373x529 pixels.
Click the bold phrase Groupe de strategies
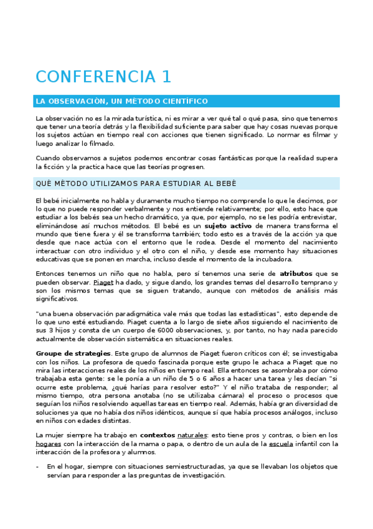[68, 354]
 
